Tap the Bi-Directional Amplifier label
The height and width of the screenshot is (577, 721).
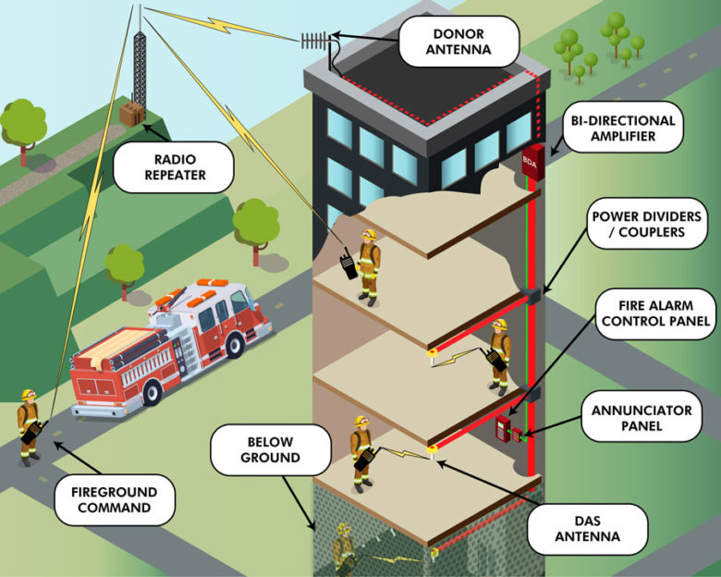tap(623, 129)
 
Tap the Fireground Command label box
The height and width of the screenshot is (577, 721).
tap(113, 500)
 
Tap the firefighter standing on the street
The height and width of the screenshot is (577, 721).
tap(30, 427)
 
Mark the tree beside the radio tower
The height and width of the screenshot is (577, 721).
tap(22, 123)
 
